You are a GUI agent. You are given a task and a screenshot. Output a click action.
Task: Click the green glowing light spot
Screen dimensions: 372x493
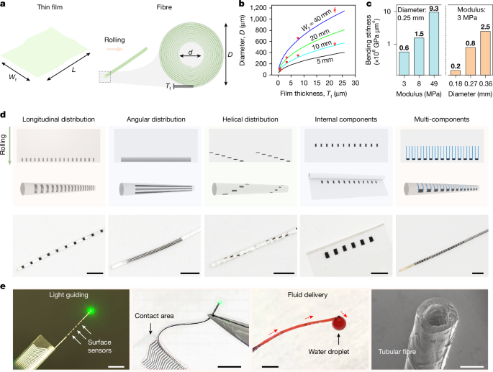(91, 310)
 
